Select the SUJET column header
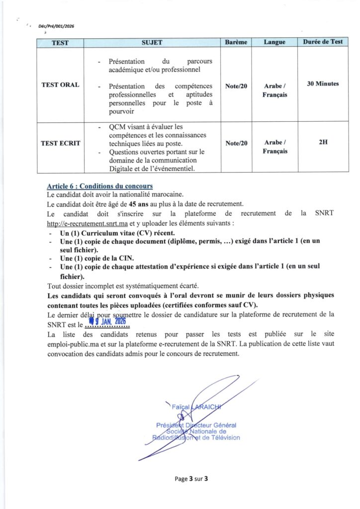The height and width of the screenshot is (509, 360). [x=152, y=42]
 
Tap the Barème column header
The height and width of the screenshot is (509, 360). [x=236, y=42]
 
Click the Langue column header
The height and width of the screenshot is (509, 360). [x=274, y=42]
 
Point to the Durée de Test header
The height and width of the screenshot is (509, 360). [x=323, y=42]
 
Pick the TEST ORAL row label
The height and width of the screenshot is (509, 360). [x=60, y=85]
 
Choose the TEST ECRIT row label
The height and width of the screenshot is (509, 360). [x=60, y=143]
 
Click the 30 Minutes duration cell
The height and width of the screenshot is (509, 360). [x=323, y=84]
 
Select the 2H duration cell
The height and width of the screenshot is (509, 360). [x=323, y=142]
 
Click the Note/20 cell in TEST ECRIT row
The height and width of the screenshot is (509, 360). [x=236, y=143]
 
